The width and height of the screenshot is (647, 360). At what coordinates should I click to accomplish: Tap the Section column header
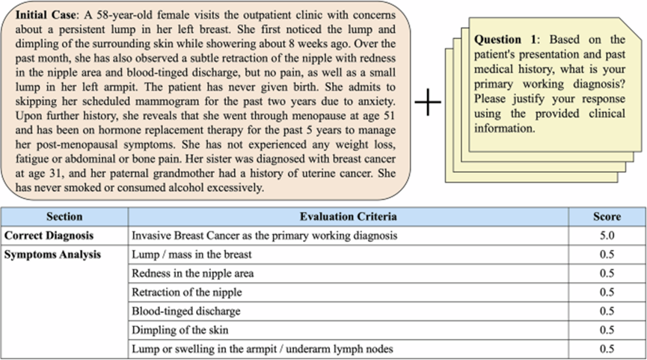[64, 217]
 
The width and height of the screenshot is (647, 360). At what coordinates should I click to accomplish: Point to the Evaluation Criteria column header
[349, 217]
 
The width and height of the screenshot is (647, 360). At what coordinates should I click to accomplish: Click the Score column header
[607, 217]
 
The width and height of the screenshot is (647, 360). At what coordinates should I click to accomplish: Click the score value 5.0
[607, 236]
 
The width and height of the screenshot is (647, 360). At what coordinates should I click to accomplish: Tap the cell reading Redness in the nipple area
[192, 273]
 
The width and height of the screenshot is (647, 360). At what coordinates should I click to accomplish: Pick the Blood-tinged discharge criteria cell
[186, 311]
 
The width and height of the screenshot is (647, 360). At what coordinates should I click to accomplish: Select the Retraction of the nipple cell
[186, 292]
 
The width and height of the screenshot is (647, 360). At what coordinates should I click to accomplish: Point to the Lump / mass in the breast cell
[191, 254]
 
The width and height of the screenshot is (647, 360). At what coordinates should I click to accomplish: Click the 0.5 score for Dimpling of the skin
[607, 329]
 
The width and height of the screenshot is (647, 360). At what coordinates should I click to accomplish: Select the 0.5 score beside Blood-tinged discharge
[607, 311]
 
